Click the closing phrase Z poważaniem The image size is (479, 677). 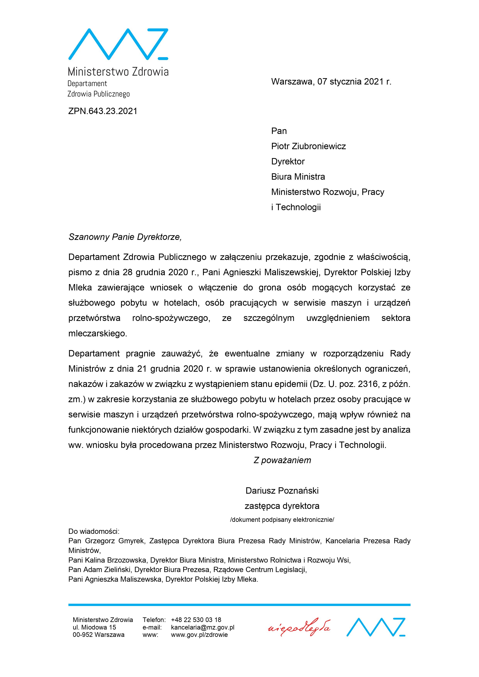tap(282, 460)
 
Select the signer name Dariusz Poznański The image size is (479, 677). tap(282, 491)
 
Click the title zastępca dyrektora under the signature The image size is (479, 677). tap(282, 506)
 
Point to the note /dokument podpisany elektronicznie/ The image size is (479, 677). tap(282, 520)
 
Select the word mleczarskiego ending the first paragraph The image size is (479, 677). tap(97, 333)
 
